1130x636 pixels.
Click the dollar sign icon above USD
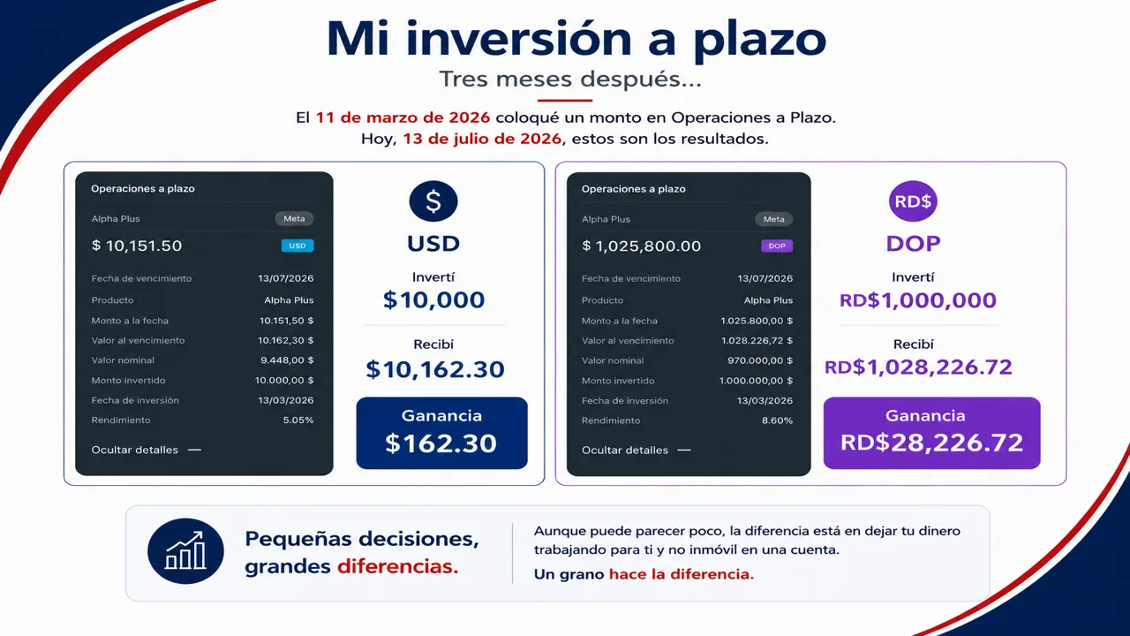pyautogui.click(x=433, y=201)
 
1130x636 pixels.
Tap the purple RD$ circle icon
pyautogui.click(x=913, y=201)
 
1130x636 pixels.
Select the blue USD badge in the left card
pyautogui.click(x=298, y=246)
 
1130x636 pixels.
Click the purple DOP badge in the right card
pyautogui.click(x=777, y=246)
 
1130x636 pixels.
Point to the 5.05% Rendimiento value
pyautogui.click(x=298, y=420)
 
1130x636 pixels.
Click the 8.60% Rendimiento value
pyautogui.click(x=778, y=420)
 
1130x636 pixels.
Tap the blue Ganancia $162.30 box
pyautogui.click(x=442, y=433)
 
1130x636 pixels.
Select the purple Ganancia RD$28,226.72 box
pyautogui.click(x=931, y=433)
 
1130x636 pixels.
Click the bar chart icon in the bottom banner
pyautogui.click(x=185, y=551)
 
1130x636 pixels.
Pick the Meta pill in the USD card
pyautogui.click(x=294, y=218)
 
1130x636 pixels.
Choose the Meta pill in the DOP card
pyautogui.click(x=774, y=219)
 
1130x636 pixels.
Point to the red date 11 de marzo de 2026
pyautogui.click(x=403, y=117)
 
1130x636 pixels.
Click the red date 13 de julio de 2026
pyautogui.click(x=482, y=139)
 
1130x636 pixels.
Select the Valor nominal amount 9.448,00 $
pyautogui.click(x=287, y=360)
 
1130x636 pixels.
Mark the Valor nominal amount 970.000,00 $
pyautogui.click(x=760, y=360)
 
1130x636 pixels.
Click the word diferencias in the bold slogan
pyautogui.click(x=397, y=566)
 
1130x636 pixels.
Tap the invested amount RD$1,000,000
pyautogui.click(x=918, y=300)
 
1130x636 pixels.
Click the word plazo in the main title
pyautogui.click(x=760, y=41)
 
